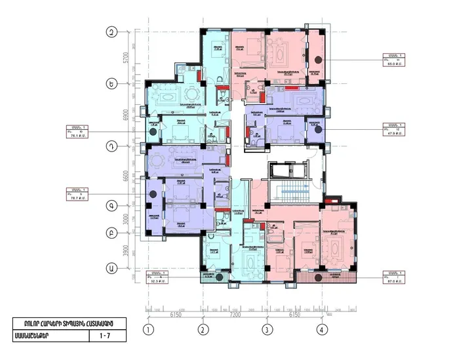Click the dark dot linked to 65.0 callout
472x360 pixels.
point(318,60)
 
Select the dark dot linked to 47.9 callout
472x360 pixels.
point(318,129)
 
